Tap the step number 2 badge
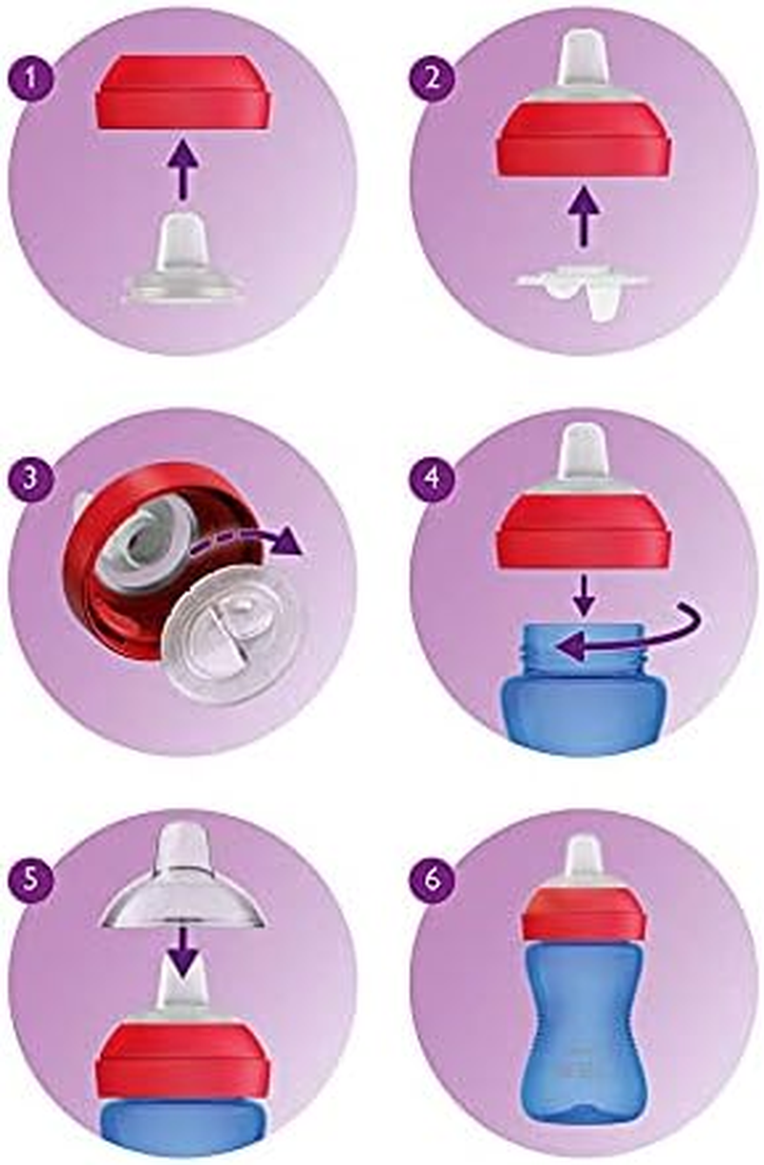click(x=434, y=77)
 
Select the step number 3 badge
click(x=35, y=477)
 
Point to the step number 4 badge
click(x=434, y=477)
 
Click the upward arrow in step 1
click(x=181, y=166)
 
